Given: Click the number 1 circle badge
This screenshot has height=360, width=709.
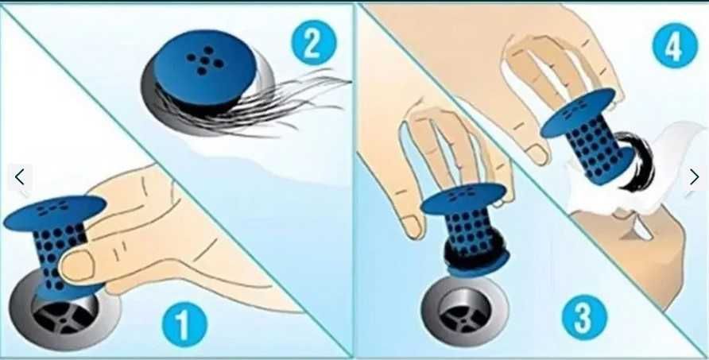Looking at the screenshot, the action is click(184, 323).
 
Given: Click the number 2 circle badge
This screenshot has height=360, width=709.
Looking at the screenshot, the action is click(314, 42).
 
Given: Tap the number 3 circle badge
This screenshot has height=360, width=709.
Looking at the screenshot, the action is click(584, 317).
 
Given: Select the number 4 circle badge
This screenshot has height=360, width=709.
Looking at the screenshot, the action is click(675, 45).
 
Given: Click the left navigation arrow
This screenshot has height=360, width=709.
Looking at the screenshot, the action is click(19, 177).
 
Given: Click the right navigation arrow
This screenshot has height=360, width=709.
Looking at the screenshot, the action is click(694, 177).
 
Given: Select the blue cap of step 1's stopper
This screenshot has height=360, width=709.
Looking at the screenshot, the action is click(54, 212).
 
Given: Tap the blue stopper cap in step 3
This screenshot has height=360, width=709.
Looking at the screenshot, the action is click(463, 199).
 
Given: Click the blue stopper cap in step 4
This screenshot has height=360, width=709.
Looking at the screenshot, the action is click(578, 112).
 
